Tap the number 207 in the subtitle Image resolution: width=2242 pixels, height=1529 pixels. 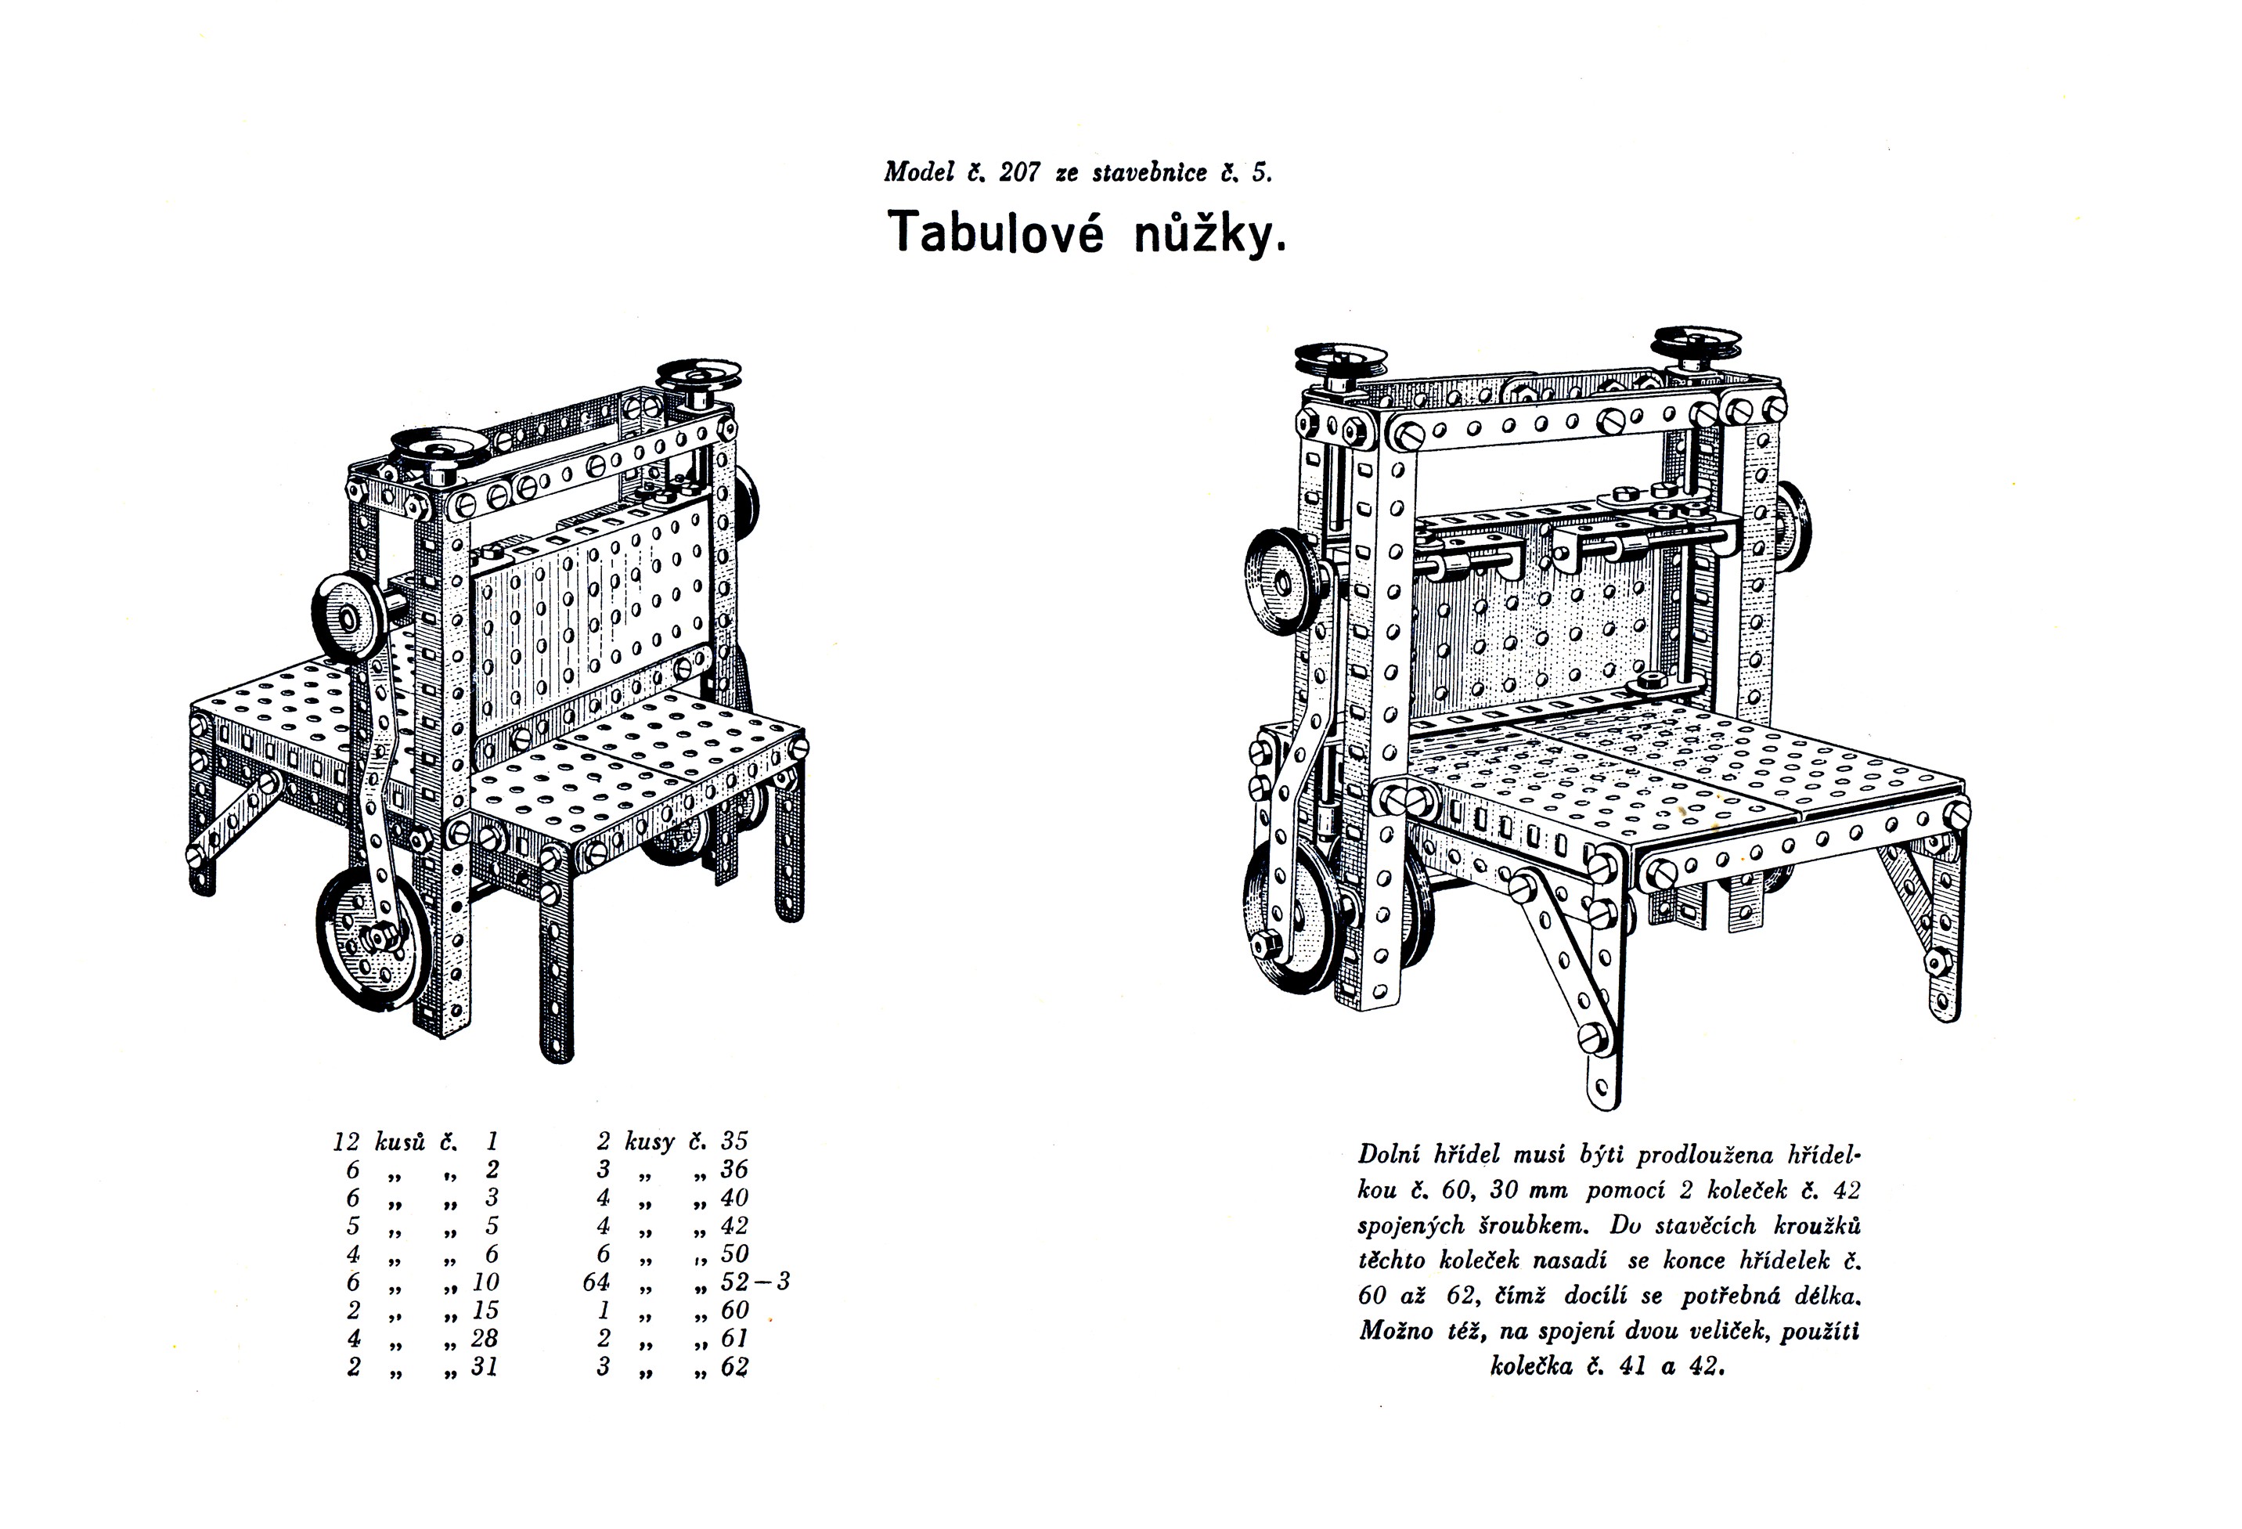point(1020,173)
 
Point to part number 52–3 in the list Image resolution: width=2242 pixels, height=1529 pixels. point(755,1282)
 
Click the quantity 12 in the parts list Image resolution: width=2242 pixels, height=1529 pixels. point(345,1142)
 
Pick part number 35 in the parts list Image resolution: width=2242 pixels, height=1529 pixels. point(734,1141)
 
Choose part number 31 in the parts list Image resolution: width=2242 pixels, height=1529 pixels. point(485,1367)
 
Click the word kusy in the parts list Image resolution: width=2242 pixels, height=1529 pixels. point(649,1142)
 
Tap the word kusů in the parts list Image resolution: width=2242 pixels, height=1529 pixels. point(399,1142)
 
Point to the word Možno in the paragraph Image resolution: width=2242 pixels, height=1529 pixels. point(1396,1331)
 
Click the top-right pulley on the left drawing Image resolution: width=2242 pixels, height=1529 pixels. point(698,377)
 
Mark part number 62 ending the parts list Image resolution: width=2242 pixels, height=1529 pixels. point(734,1367)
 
